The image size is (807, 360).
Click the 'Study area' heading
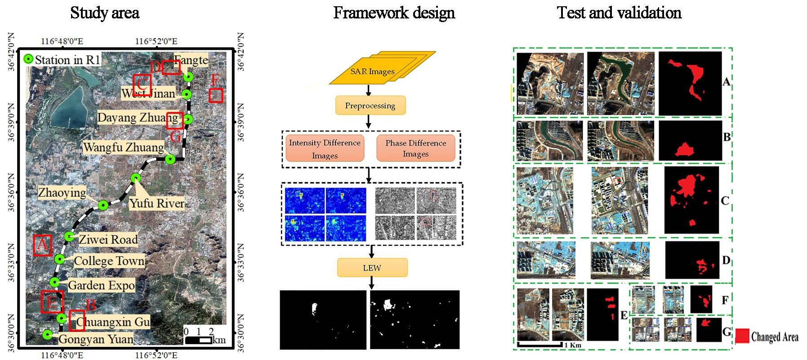(104, 13)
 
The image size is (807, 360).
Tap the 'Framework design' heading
(394, 13)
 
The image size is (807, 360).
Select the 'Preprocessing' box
(370, 106)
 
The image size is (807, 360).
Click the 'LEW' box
(372, 268)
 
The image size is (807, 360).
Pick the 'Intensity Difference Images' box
(325, 149)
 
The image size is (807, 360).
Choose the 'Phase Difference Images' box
(416, 148)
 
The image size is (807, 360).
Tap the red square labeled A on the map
(43, 245)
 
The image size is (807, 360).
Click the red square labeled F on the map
(216, 95)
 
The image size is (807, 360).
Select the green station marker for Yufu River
(136, 178)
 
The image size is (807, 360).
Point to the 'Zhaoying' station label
(62, 193)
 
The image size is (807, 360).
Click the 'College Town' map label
(109, 261)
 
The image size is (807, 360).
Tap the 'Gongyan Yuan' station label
(96, 339)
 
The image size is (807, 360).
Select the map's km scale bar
(198, 340)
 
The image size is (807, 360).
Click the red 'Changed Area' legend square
(742, 336)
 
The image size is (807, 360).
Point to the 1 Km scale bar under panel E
(540, 344)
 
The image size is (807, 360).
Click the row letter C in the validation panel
(725, 200)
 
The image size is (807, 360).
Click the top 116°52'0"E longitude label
(156, 41)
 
